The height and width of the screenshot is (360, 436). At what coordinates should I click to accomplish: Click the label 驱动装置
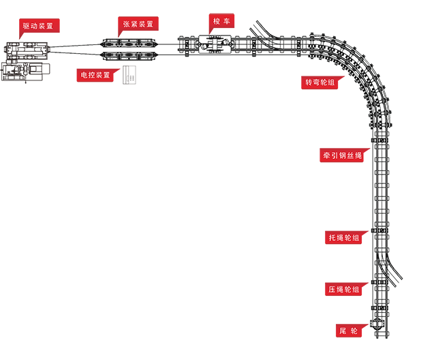[38, 26]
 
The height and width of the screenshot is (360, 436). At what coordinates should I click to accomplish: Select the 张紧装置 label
[138, 24]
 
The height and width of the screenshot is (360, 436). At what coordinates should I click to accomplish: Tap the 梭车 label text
[221, 21]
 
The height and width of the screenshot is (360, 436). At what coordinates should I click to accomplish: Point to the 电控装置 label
[95, 75]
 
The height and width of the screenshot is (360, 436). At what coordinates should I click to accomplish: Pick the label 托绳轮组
[343, 238]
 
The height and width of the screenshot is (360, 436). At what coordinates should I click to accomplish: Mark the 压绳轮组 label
[343, 290]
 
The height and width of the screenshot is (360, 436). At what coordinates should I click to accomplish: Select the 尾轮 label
[348, 331]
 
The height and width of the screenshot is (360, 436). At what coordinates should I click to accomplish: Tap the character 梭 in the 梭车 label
[217, 21]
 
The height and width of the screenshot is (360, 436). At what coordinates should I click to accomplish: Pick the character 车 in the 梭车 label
[227, 21]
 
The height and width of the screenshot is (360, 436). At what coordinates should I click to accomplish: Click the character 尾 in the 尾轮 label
[343, 331]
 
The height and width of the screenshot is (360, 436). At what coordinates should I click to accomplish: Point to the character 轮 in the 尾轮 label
[354, 331]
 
